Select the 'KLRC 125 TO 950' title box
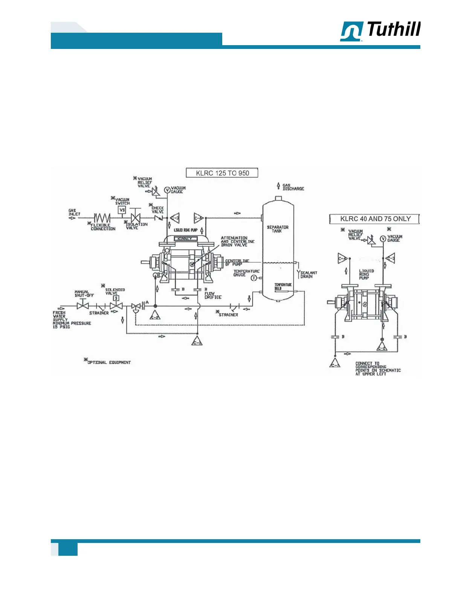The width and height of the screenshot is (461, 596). (x=222, y=173)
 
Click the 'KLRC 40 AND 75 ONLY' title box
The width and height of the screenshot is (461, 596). (x=375, y=219)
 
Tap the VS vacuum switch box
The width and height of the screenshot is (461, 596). (x=122, y=210)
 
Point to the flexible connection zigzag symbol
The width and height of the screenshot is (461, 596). (x=102, y=218)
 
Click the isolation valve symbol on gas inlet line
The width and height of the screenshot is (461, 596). (x=135, y=218)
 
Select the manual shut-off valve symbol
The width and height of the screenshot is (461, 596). (x=83, y=306)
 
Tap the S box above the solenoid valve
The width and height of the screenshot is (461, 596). (x=116, y=298)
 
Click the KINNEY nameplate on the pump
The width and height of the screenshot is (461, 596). (x=185, y=239)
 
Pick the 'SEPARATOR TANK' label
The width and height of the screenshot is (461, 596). (x=278, y=229)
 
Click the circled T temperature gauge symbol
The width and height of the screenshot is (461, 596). (x=254, y=278)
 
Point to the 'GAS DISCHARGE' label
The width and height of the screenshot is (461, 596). (x=293, y=187)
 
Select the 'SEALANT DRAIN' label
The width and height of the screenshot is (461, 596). (x=308, y=275)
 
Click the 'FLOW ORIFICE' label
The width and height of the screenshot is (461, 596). (x=213, y=295)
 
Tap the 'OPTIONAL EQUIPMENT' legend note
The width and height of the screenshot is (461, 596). (x=108, y=362)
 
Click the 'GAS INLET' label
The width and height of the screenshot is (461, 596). (x=74, y=212)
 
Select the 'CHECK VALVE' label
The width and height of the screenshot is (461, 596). (x=157, y=210)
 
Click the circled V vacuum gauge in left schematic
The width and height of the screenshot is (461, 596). (x=167, y=190)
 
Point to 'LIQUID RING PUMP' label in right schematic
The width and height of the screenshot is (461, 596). (x=366, y=274)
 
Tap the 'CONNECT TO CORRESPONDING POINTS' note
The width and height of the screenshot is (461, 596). (x=377, y=369)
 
